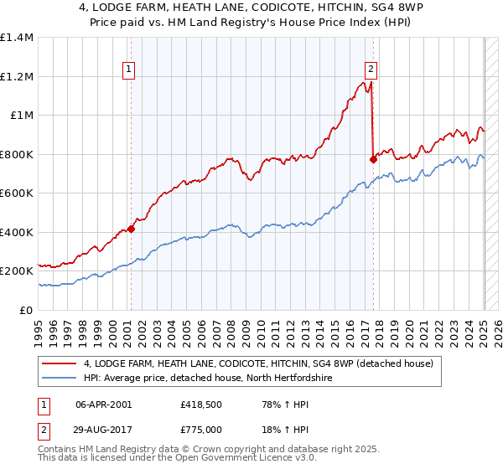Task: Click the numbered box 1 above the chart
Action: [x=130, y=70]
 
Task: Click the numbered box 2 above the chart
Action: [x=371, y=70]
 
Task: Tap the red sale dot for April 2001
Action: [x=131, y=229]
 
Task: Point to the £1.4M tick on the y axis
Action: [x=17, y=38]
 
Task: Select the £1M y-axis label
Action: [x=22, y=116]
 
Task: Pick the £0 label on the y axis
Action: [x=27, y=310]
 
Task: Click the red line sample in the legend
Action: [x=60, y=363]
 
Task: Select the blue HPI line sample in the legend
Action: [x=60, y=379]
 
